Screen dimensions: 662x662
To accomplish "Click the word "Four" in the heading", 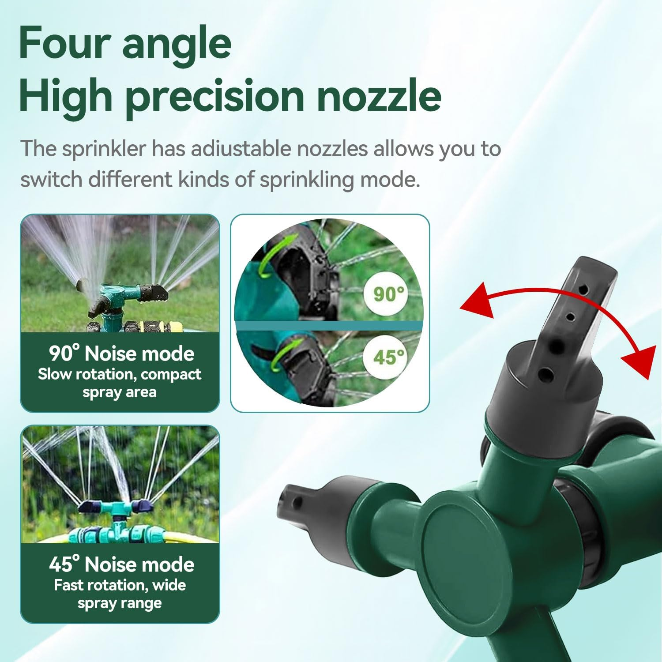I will point(64,43).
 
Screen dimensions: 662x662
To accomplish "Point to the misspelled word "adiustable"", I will point(241,149).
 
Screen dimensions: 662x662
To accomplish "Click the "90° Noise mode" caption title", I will point(121,354).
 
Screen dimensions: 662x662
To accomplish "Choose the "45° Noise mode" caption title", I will point(121,564).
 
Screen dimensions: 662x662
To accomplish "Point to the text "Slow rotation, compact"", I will point(119,374).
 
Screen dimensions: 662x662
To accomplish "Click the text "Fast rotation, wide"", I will point(120,585).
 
